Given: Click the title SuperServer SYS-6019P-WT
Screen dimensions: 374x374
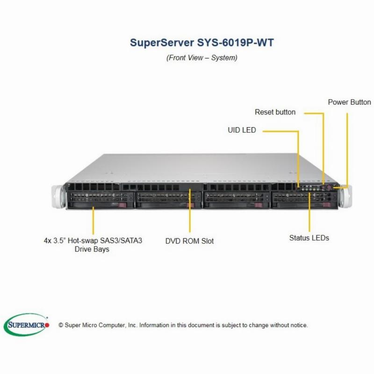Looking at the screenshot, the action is (x=202, y=43).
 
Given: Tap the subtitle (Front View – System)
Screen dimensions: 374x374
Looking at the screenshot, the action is (x=202, y=58).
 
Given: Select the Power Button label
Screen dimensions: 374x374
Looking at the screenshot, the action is (x=349, y=102).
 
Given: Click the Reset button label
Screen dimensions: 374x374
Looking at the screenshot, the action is (x=275, y=112).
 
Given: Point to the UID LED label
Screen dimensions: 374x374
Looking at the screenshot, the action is (x=242, y=130).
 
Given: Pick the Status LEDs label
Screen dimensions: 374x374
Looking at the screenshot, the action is (x=309, y=238).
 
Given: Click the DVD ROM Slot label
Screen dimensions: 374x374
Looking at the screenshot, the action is (x=189, y=241).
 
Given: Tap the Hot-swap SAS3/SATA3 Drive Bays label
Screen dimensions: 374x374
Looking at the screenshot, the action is (x=93, y=245).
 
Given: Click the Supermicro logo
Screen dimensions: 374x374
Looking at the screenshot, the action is (x=26, y=324).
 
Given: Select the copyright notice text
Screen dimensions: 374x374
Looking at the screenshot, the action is (x=183, y=325).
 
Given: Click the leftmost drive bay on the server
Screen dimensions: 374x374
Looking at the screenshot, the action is (x=100, y=200).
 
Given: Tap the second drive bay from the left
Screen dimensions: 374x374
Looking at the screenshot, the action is (x=168, y=200).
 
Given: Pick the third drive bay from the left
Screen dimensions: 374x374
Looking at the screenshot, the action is (x=237, y=200).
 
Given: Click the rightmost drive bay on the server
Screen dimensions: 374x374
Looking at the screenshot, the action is (x=304, y=200).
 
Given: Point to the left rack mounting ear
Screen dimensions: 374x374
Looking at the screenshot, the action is (x=58, y=196).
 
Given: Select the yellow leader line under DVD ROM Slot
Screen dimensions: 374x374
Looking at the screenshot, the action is (x=190, y=211).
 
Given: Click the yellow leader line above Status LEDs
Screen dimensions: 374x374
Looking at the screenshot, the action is (x=309, y=212).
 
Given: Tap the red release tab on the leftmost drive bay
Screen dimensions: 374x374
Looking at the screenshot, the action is (x=122, y=205).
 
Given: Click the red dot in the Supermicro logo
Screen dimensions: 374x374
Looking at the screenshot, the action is (x=47, y=325).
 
